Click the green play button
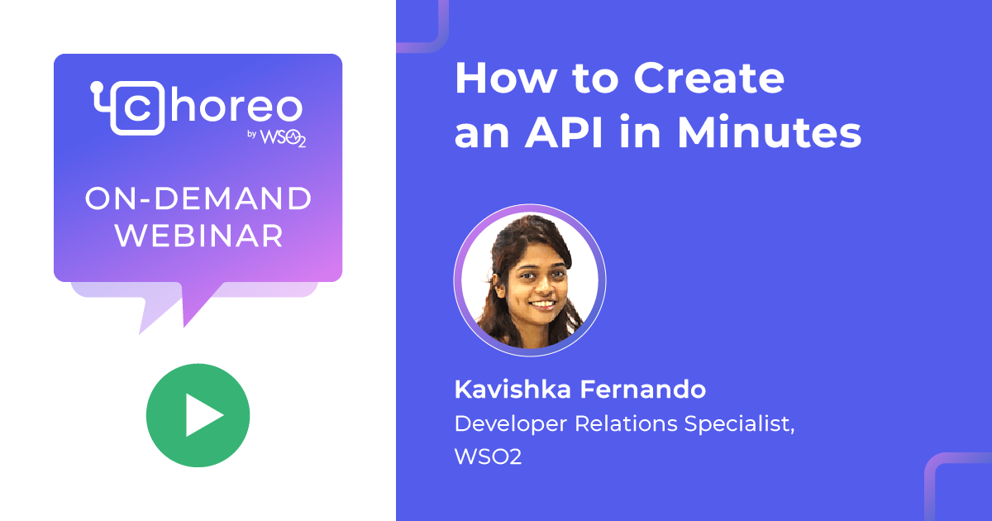click(198, 415)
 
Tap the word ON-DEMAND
click(198, 199)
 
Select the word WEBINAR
click(198, 237)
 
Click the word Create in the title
click(708, 79)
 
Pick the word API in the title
click(587, 134)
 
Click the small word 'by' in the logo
click(254, 136)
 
